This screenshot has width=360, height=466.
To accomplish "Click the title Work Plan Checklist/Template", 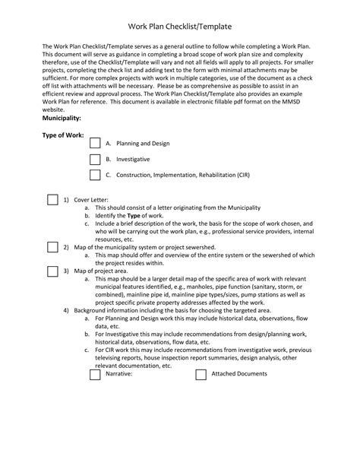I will click(x=180, y=26).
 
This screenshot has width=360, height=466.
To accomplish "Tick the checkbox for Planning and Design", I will click(x=95, y=143).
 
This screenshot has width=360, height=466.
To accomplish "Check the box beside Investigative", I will click(x=95, y=159).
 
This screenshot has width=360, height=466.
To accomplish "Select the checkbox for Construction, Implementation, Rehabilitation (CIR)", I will click(x=95, y=175).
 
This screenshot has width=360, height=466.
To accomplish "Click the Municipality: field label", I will click(x=62, y=119).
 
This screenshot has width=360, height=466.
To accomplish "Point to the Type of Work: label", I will click(x=62, y=135).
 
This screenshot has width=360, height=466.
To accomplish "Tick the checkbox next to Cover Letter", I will click(x=52, y=200).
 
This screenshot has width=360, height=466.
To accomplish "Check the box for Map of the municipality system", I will click(x=52, y=246).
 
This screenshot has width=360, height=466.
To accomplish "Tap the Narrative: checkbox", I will click(x=95, y=374).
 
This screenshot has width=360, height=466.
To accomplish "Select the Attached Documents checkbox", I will click(x=201, y=374).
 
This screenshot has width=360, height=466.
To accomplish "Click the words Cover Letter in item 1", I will click(x=91, y=199).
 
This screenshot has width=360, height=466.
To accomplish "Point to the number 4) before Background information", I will click(x=67, y=310).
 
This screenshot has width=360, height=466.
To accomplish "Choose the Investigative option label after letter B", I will click(x=133, y=159).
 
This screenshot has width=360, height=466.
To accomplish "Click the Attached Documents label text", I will click(x=238, y=374).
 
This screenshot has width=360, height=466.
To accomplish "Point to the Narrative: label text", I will click(x=119, y=374).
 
